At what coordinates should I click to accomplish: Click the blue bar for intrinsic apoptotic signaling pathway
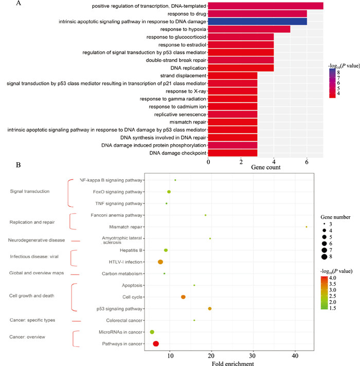257,21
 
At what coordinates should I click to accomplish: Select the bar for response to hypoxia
249,29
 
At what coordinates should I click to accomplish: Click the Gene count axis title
267,168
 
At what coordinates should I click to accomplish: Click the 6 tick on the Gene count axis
307,161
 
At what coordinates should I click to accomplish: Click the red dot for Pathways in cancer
156,343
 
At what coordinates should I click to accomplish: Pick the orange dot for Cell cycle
183,297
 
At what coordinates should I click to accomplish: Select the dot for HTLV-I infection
160,262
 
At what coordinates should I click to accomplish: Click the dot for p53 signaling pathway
209,308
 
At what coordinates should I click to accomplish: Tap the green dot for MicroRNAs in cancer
152,332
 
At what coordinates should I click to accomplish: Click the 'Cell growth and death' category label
32,296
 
